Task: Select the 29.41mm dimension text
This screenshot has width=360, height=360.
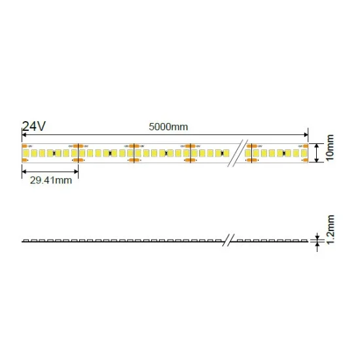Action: pos(50,181)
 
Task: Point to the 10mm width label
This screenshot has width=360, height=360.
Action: pos(330,148)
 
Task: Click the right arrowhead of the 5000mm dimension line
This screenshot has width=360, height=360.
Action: pos(306,135)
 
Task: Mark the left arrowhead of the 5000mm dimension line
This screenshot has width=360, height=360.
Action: pos(25,135)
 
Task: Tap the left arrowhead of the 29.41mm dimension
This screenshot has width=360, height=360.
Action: pos(25,172)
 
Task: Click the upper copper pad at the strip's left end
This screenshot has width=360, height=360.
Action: pos(24,146)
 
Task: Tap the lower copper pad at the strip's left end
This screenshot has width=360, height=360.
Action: pos(24,159)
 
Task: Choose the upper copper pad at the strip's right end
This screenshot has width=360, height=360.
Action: pos(306,146)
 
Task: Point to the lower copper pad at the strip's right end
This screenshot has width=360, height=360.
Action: pos(306,159)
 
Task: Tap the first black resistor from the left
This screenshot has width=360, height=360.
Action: pos(54,153)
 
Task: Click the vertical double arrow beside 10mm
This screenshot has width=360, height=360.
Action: pos(317,153)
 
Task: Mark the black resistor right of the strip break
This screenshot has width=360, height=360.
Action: pos(277,153)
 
